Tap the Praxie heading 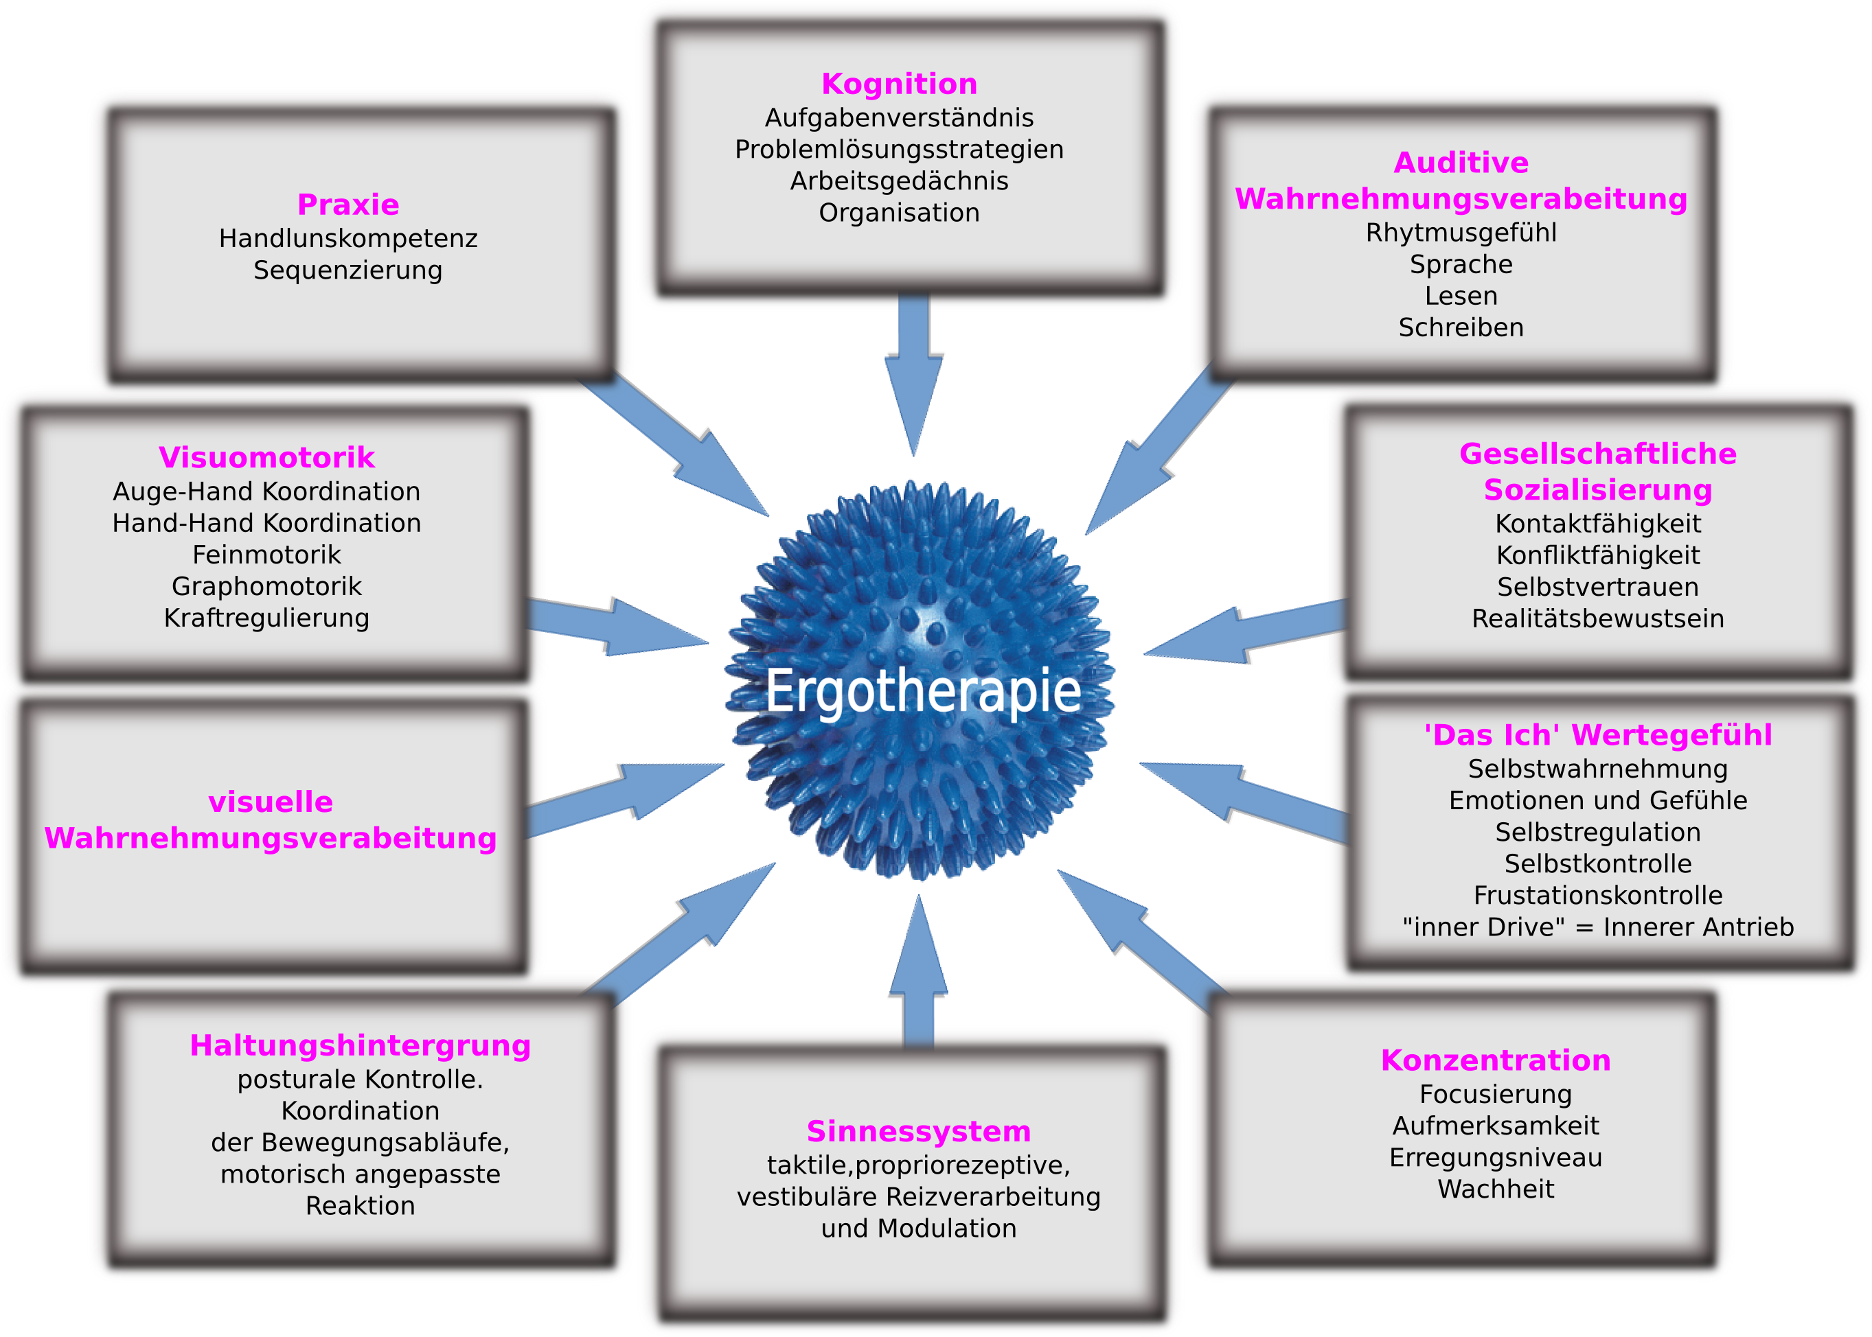click(347, 204)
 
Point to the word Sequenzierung click(347, 270)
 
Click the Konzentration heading click(1495, 1060)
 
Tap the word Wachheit click(1495, 1189)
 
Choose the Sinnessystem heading click(918, 1131)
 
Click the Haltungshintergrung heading click(360, 1045)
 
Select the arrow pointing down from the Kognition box click(913, 371)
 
